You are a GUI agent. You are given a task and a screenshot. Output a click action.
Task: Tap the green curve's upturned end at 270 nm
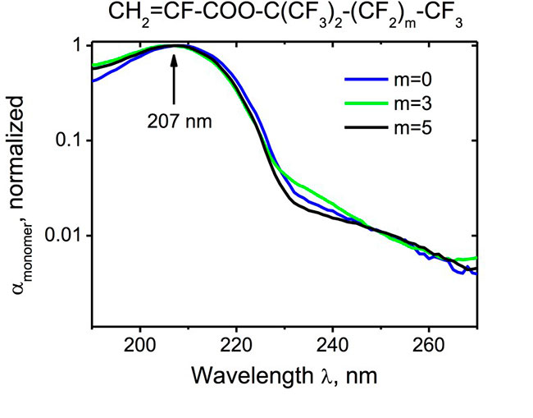[x=475, y=258]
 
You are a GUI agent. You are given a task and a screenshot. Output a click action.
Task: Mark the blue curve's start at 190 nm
[x=93, y=80]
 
